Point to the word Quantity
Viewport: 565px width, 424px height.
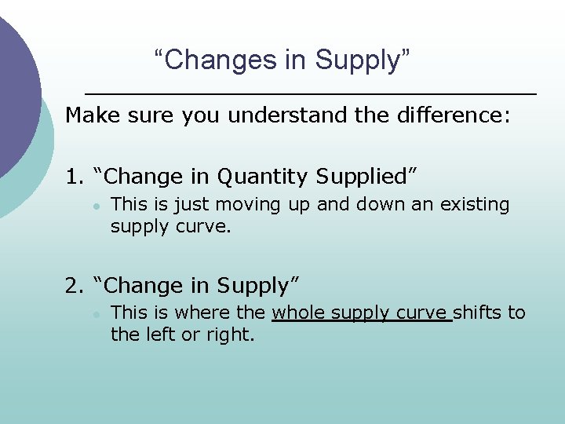tap(263, 177)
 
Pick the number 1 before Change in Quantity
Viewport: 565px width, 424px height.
tap(72, 177)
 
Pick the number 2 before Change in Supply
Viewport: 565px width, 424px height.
tap(72, 286)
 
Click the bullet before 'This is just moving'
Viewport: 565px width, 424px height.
tap(95, 206)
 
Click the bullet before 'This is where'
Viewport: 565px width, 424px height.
tap(95, 314)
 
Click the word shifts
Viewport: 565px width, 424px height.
tap(478, 313)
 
